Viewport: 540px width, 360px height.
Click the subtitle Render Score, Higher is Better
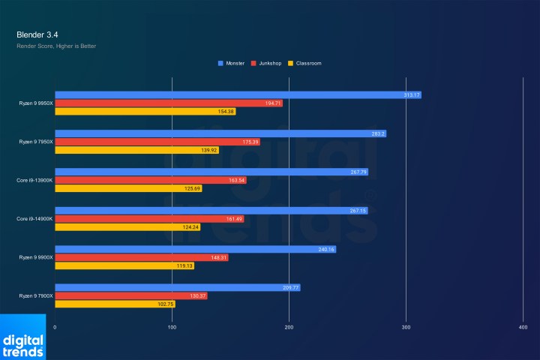click(56, 46)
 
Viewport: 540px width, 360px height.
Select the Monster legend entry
click(234, 63)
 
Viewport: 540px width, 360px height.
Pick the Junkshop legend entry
click(271, 63)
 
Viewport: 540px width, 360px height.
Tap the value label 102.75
click(166, 304)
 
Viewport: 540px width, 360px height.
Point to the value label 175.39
click(250, 142)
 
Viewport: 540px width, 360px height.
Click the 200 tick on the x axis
click(289, 328)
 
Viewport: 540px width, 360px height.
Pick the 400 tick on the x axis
click(523, 328)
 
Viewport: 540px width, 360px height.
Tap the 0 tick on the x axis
click(55, 328)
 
